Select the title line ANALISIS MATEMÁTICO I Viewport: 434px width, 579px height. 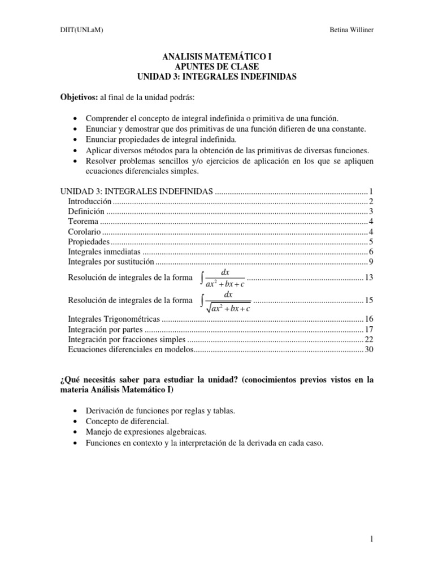[217, 58]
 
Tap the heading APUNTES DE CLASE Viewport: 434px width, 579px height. [217, 67]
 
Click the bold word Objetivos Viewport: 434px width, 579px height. [79, 97]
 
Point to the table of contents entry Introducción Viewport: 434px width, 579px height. [90, 201]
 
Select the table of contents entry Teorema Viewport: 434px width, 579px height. [83, 221]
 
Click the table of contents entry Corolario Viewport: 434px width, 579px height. [84, 231]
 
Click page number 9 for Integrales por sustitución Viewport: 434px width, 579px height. [371, 261]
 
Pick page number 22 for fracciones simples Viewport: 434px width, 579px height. [369, 339]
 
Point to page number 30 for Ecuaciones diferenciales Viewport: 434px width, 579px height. [369, 349]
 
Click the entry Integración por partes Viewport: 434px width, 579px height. [105, 330]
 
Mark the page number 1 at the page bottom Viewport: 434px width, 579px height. [372, 540]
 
